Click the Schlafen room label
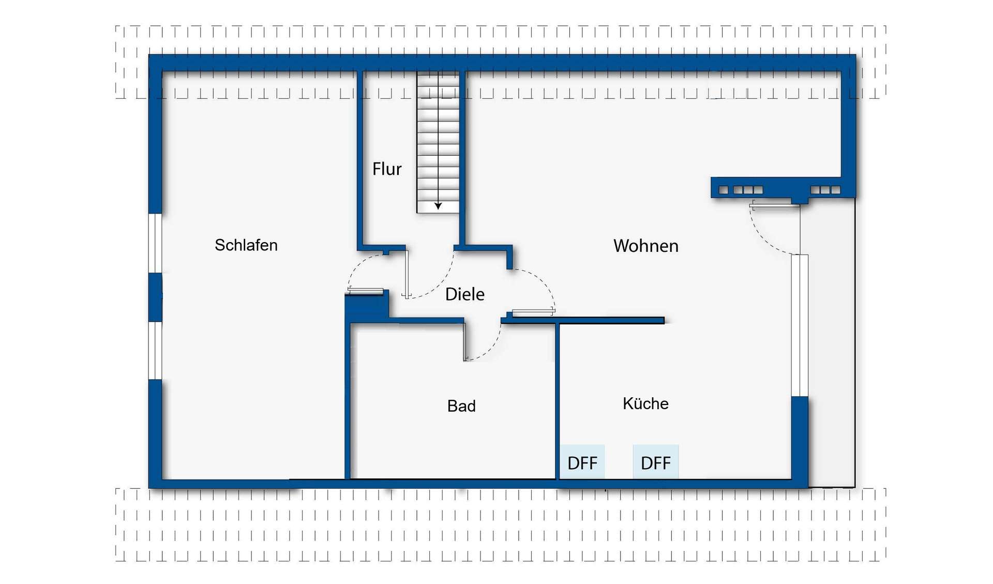246,245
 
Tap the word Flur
387,169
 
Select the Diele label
465,294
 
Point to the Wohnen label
646,245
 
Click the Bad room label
461,406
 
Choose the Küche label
645,403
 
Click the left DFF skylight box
582,461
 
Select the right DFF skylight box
656,461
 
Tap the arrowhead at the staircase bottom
438,206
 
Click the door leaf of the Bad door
465,342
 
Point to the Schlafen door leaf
366,291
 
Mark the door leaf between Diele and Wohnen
533,312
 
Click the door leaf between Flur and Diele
407,275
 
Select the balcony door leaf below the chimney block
775,206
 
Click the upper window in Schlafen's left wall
155,243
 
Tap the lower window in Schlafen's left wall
155,350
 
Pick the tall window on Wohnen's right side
800,325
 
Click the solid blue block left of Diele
367,307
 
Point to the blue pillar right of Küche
800,441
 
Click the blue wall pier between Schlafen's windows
155,297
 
